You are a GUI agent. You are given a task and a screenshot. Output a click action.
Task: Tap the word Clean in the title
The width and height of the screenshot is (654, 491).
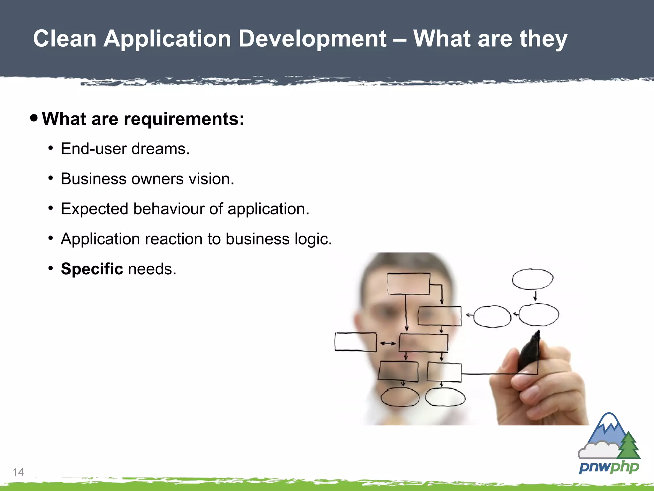tap(65, 39)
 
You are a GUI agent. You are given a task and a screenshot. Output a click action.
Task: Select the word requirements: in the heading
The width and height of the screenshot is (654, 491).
tap(184, 120)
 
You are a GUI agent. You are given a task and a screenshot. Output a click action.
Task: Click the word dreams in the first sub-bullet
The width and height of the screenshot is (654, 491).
tap(160, 149)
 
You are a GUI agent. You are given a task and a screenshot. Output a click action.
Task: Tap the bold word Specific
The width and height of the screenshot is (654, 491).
tap(92, 269)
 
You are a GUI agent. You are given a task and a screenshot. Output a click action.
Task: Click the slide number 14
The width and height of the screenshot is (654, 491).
tap(18, 472)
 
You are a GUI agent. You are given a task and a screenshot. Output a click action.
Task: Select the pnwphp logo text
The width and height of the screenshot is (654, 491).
tap(609, 467)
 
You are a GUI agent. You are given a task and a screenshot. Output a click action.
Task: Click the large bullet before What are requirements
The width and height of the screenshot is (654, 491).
tap(34, 118)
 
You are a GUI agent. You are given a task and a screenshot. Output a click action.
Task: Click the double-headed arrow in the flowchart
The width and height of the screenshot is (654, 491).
tap(388, 343)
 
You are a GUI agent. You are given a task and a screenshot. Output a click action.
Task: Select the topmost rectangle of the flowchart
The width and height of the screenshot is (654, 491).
tap(408, 284)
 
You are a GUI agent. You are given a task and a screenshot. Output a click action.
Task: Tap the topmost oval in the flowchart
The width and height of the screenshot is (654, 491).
tap(532, 279)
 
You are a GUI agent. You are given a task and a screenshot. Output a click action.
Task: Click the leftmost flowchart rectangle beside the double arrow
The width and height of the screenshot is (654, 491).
tap(355, 342)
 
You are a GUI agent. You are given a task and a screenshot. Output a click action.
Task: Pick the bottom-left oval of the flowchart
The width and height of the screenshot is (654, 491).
tap(400, 397)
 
